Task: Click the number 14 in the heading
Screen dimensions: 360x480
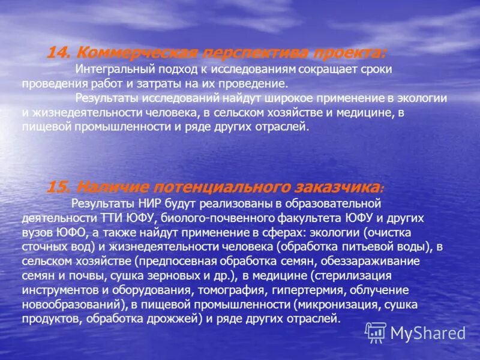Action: point(59,52)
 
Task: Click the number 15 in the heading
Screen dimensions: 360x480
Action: point(59,187)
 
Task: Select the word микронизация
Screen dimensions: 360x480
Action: point(343,304)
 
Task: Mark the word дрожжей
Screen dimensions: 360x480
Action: point(176,319)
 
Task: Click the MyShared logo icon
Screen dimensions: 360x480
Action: point(376,332)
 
